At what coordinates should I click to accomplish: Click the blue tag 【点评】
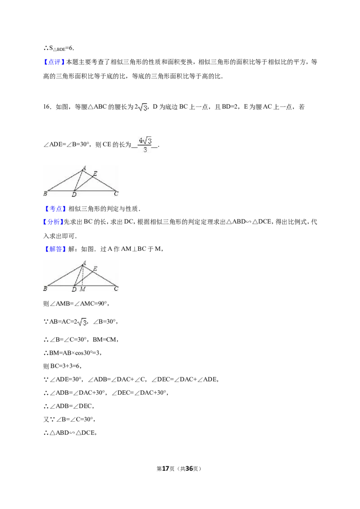click(x=54, y=62)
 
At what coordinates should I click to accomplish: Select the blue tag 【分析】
click(x=53, y=222)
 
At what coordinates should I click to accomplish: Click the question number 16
click(x=47, y=107)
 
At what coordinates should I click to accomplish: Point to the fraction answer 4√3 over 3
click(x=145, y=144)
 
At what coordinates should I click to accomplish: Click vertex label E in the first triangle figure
click(x=95, y=174)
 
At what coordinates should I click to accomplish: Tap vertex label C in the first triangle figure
click(x=116, y=193)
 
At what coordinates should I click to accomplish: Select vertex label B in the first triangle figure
click(x=45, y=193)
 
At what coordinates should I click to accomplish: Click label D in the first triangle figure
click(x=74, y=194)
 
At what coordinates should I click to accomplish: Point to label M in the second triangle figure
click(x=82, y=289)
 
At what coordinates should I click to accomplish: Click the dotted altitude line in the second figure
click(x=82, y=276)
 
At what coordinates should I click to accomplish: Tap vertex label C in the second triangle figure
click(x=116, y=288)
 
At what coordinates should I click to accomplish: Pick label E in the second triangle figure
click(x=95, y=269)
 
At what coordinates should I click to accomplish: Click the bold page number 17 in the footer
click(x=166, y=469)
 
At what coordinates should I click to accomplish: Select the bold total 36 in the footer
click(x=189, y=469)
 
